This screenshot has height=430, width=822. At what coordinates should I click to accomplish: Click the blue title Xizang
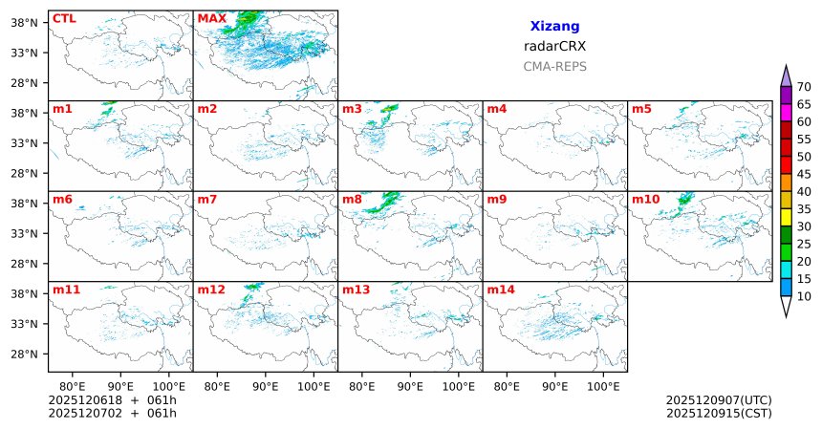click(x=554, y=27)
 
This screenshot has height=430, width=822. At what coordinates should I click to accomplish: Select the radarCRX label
click(x=554, y=46)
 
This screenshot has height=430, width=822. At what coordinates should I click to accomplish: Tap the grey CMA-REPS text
click(x=554, y=67)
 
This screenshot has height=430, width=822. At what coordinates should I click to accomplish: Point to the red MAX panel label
click(x=211, y=18)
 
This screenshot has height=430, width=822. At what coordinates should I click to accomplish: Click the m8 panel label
click(x=351, y=200)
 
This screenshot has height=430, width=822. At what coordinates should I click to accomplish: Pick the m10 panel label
click(x=645, y=200)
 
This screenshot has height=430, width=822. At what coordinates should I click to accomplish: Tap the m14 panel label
click(x=500, y=290)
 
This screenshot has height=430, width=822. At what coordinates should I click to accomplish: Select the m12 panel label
click(x=210, y=290)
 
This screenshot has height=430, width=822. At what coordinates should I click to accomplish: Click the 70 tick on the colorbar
click(x=804, y=87)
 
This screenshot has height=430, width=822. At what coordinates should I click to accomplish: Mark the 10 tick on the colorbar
click(x=804, y=296)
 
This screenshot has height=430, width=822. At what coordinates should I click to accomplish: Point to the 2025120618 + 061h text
click(x=113, y=400)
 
